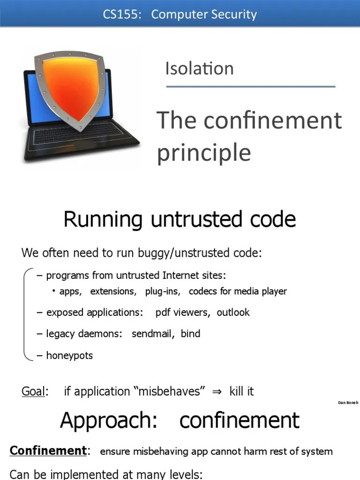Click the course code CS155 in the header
[x=120, y=15]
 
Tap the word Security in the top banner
[x=232, y=15]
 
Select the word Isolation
[x=199, y=68]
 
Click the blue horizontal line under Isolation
[x=250, y=87]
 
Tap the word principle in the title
[x=204, y=152]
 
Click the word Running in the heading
[x=103, y=219]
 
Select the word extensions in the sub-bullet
[x=113, y=291]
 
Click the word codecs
[x=203, y=291]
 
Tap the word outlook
[x=233, y=312]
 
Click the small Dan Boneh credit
[x=348, y=403]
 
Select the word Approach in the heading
[x=108, y=420]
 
